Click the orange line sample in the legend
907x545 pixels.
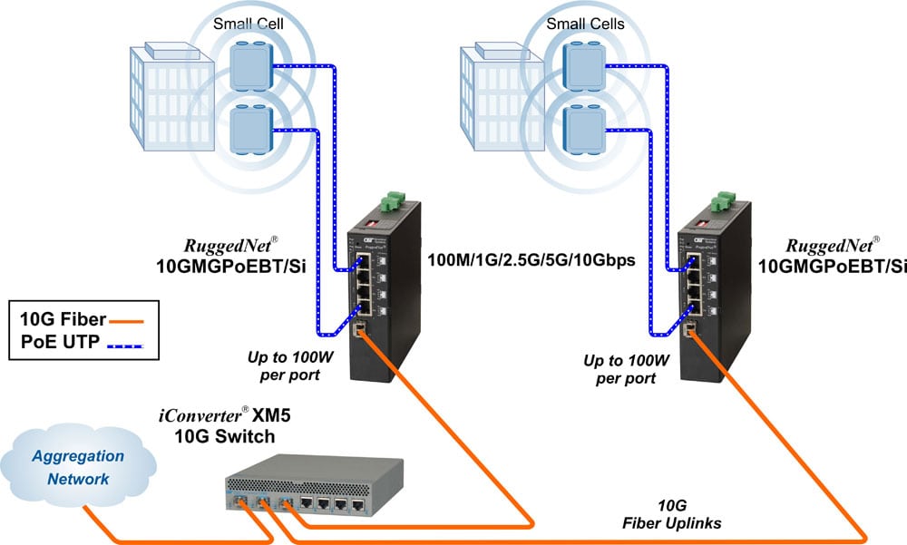[x=125, y=319]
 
